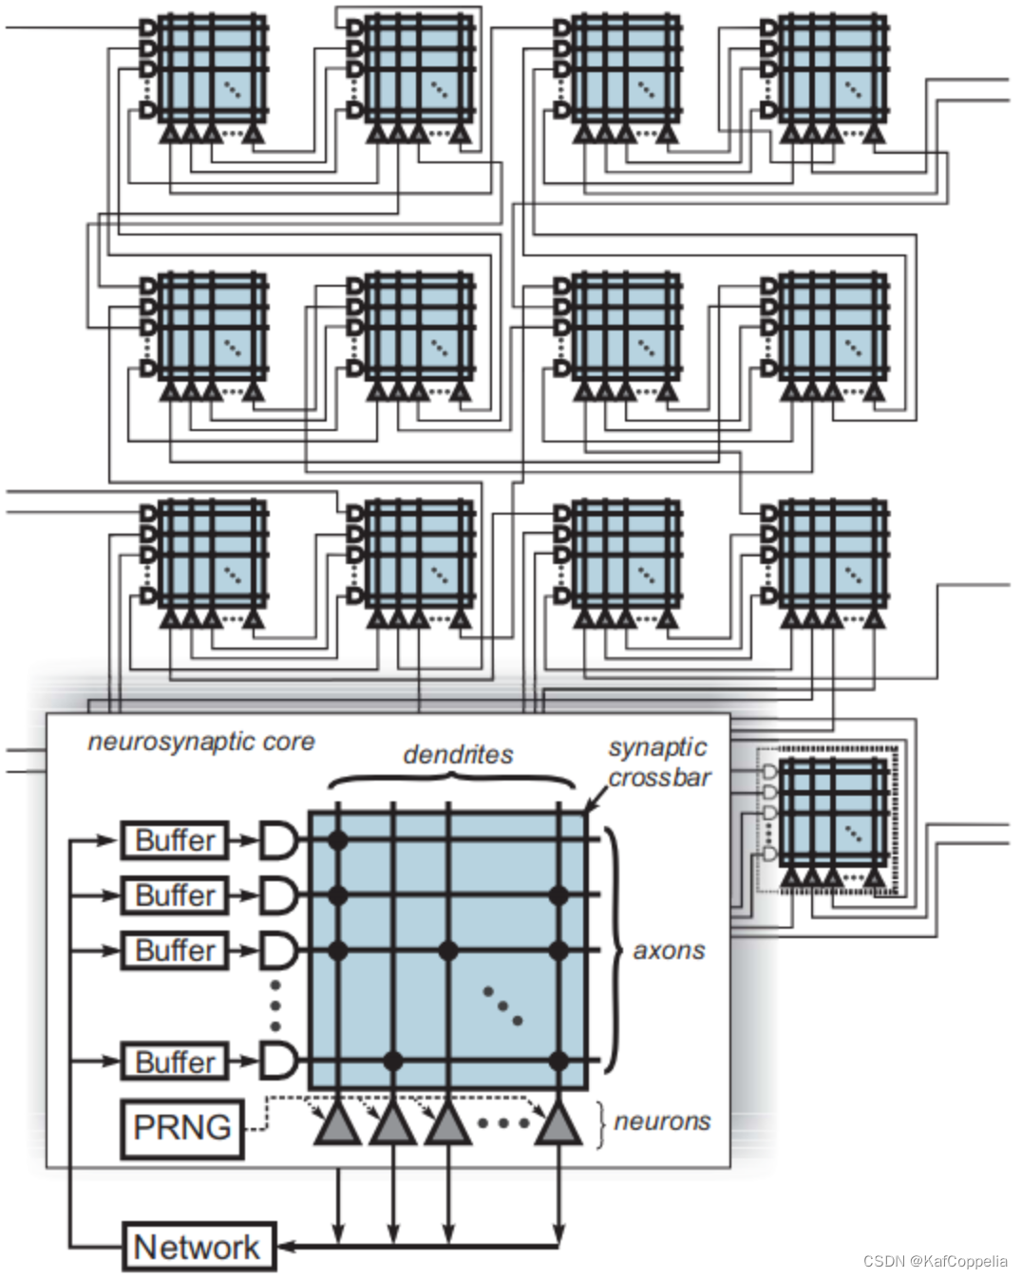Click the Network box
click(199, 1247)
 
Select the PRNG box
click(181, 1128)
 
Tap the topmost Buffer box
click(175, 840)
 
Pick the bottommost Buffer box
click(175, 1061)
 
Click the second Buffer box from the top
click(175, 895)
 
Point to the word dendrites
click(458, 755)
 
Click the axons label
click(669, 950)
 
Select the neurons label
click(662, 1121)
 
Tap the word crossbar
click(659, 778)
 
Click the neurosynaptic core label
click(200, 742)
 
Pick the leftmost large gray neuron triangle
click(337, 1125)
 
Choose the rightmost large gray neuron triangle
click(558, 1125)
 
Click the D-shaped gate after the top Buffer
click(277, 840)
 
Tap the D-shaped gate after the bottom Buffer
click(277, 1061)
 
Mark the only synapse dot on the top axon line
click(336, 839)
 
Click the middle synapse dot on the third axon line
click(448, 950)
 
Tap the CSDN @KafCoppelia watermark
click(935, 1262)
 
